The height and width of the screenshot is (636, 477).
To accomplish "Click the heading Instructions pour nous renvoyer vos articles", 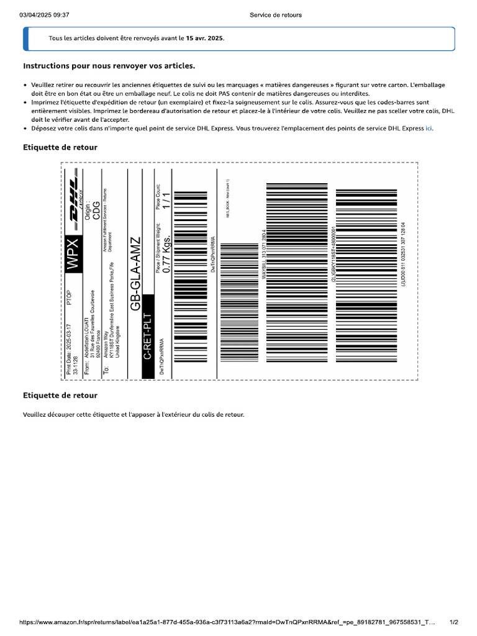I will coord(109,65).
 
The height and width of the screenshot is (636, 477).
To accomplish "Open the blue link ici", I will coord(429,128).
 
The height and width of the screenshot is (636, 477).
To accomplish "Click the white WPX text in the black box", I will coord(73,253).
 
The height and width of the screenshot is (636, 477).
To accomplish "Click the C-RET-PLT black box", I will coord(148,336).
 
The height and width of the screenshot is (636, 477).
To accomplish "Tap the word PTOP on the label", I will coord(69,299).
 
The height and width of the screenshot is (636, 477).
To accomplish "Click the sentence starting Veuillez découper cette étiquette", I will coord(134,414).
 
